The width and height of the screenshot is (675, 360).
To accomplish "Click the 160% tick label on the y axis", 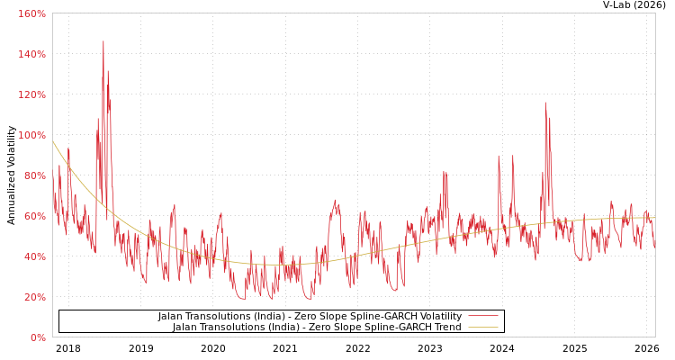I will click(x=31, y=13).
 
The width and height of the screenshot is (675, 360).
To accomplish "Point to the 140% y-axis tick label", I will click(x=31, y=54).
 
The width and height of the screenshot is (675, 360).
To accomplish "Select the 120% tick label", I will click(x=31, y=94).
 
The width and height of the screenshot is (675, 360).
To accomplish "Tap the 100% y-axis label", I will click(x=31, y=135).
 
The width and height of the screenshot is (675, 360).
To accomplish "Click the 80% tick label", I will click(x=34, y=175).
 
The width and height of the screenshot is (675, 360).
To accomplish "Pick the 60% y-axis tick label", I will click(x=34, y=216).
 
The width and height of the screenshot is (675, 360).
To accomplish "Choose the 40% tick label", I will click(x=34, y=256).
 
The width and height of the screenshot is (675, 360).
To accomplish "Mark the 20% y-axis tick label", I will click(x=34, y=297).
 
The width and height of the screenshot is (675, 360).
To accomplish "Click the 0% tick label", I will click(x=38, y=337).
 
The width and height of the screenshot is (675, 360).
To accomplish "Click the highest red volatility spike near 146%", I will click(x=103, y=41).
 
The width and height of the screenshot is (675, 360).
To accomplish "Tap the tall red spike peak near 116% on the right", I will click(x=544, y=103).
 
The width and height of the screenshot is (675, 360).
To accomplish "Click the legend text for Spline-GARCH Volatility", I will click(x=310, y=317).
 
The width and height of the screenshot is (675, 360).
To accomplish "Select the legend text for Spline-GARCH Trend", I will click(x=317, y=328).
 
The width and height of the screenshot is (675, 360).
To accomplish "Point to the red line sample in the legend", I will click(x=483, y=317).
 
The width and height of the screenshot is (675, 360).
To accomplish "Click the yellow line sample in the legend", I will click(x=483, y=328).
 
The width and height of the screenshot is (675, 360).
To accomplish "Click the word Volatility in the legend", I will click(x=438, y=317).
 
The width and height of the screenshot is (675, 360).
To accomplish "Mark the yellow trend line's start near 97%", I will click(x=53, y=141).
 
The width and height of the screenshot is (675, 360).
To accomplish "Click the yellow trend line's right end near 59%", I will click(x=654, y=218).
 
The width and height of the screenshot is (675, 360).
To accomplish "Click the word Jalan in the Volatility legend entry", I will click(x=171, y=317).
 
